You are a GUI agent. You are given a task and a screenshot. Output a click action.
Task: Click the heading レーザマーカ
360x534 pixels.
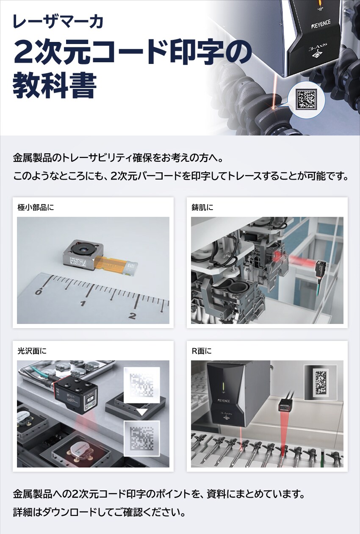pos(58,22)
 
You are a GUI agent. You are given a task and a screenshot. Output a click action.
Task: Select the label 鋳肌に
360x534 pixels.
pos(203,208)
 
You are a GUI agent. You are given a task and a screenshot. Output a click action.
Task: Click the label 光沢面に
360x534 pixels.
pos(32,351)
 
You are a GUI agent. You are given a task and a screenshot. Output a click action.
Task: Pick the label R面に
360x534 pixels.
pos(202,351)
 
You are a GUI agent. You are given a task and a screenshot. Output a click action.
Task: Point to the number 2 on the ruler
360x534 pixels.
pos(132,315)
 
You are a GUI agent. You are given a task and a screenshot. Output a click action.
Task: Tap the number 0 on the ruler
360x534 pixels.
pos(38,292)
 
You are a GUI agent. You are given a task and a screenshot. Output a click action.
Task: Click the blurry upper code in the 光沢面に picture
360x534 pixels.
pos(141,385)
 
